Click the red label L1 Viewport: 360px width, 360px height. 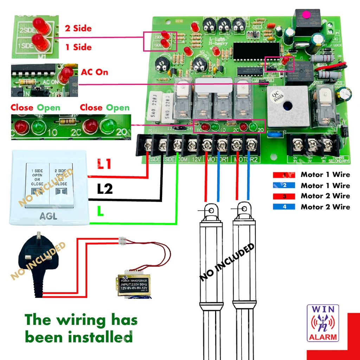(105, 165)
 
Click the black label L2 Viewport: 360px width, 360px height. (105, 189)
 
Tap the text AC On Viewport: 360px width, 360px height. (95, 72)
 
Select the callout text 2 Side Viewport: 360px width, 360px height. (78, 28)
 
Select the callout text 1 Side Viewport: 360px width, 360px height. (78, 47)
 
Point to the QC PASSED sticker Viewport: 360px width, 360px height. (279, 94)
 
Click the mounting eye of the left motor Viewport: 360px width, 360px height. (211, 210)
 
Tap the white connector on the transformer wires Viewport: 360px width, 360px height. (123, 241)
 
